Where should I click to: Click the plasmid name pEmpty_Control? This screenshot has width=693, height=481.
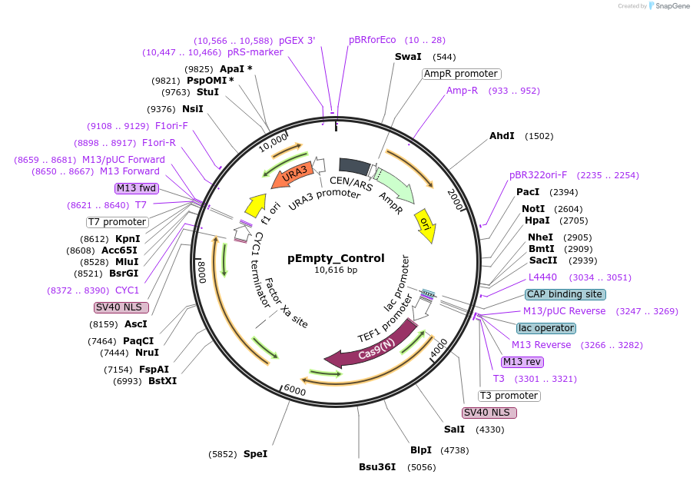[x=336, y=258]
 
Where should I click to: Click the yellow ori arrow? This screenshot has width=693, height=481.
[x=425, y=224]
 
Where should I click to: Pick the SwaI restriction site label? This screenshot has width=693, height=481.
[x=408, y=57]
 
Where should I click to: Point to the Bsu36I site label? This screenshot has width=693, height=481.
[x=377, y=466]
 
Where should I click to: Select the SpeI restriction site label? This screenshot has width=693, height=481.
[x=255, y=454]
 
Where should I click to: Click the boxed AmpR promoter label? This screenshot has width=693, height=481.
[x=461, y=74]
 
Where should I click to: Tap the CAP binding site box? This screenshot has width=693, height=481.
[x=565, y=294]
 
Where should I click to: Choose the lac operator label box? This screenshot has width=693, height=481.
[x=546, y=328]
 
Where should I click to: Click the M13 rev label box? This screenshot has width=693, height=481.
[x=522, y=362]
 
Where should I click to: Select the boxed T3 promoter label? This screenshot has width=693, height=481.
[x=509, y=396]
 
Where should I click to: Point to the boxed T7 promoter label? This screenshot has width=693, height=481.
[x=117, y=222]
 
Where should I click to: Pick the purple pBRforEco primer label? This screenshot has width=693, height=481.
[x=373, y=40]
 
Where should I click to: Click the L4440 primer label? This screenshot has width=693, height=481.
[x=543, y=277]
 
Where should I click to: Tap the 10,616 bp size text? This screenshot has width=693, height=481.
[x=336, y=270]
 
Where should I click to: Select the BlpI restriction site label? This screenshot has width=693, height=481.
[x=421, y=450]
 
